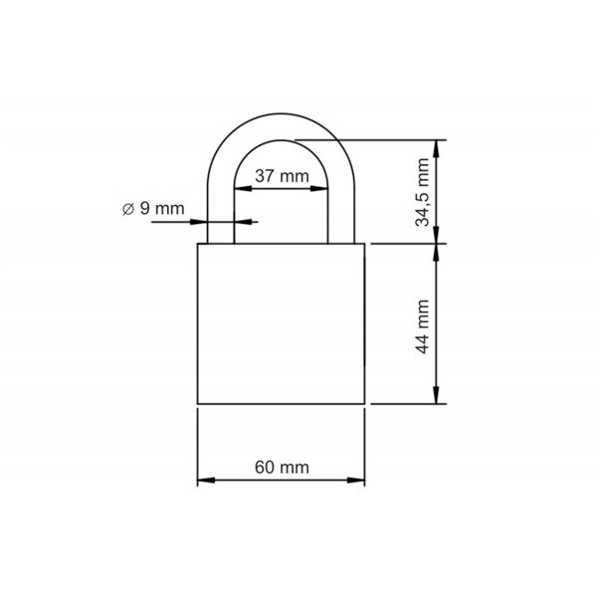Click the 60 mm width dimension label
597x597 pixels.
(x=282, y=467)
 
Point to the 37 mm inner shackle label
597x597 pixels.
(x=282, y=175)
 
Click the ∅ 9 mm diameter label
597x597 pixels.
(x=153, y=208)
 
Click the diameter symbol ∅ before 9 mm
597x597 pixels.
(x=128, y=208)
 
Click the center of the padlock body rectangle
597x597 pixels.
(x=282, y=323)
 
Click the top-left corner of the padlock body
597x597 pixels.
(x=198, y=243)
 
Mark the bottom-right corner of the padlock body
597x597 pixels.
(x=365, y=404)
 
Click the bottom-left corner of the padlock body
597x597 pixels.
(x=198, y=404)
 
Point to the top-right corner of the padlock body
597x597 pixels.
(x=365, y=243)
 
